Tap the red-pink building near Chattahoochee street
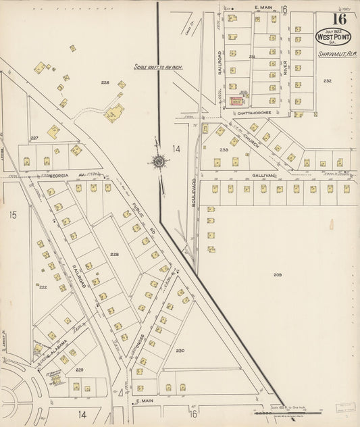(236, 101)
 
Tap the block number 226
(105, 82)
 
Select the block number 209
(278, 274)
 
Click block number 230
(180, 351)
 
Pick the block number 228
(114, 254)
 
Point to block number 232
(327, 81)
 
